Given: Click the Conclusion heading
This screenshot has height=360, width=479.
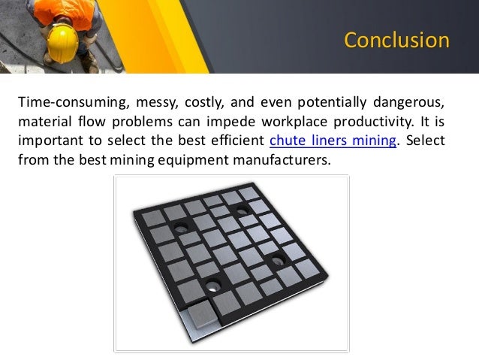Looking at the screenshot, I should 396,40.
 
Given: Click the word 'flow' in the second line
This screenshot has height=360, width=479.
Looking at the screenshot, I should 96,121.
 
